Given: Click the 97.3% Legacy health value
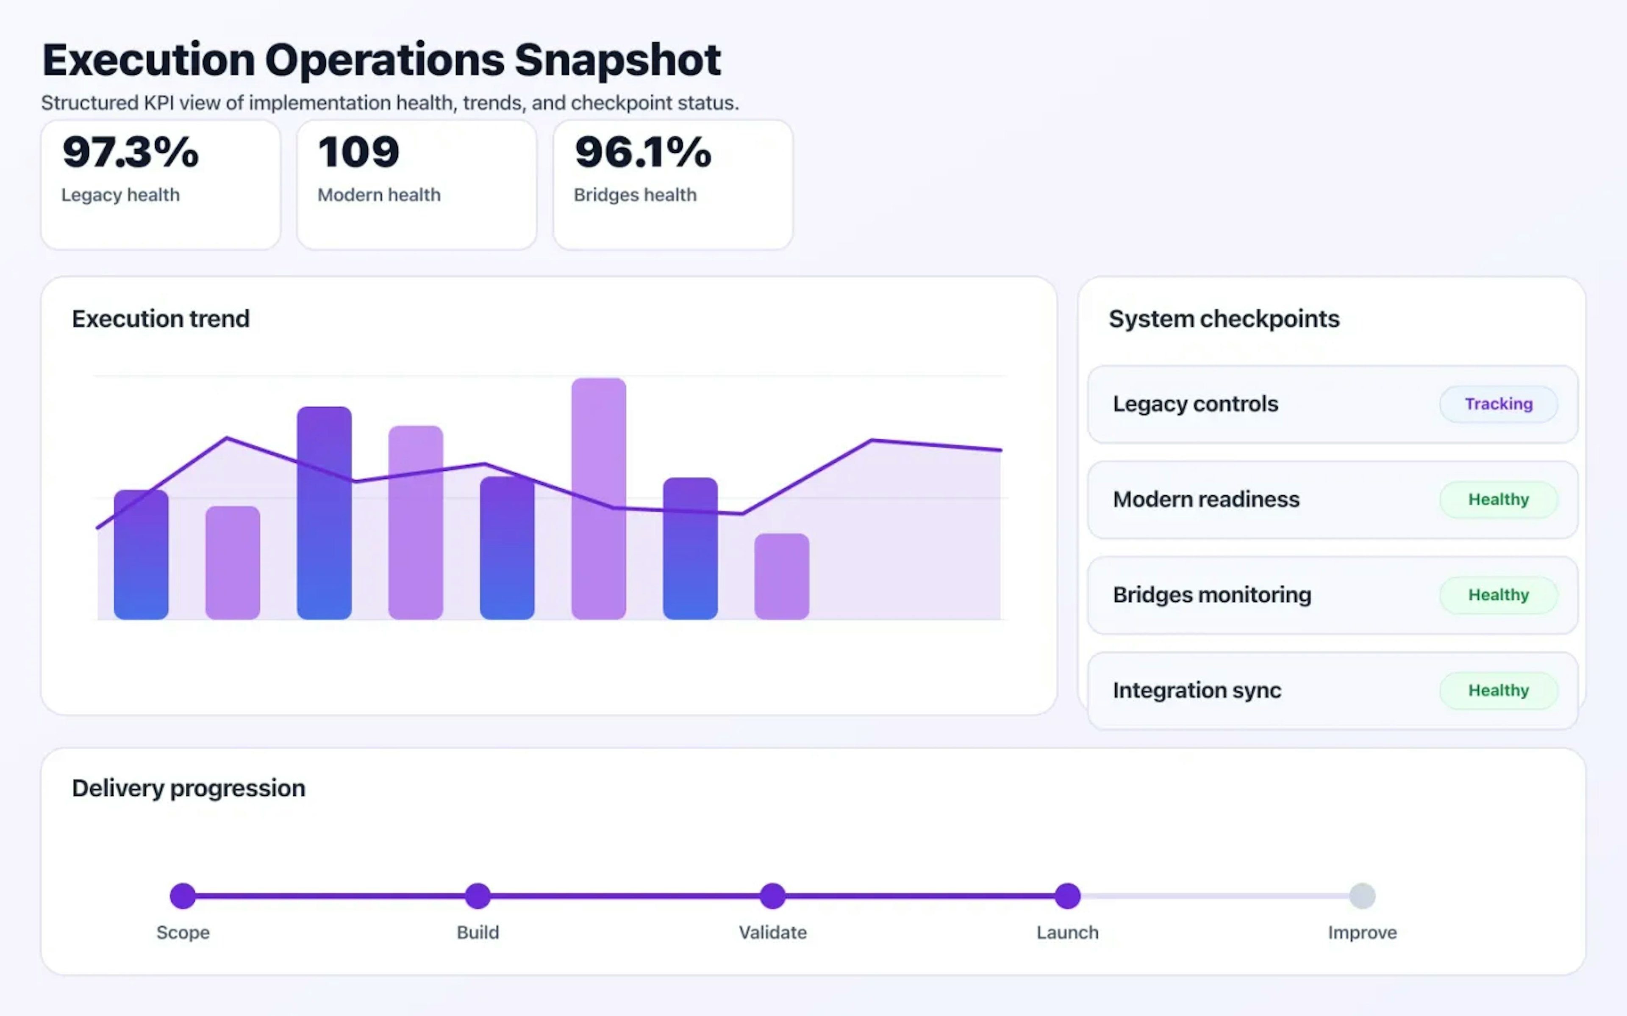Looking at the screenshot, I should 130,152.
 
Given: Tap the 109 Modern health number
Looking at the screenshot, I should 358,152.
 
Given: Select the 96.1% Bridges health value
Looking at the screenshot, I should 643,152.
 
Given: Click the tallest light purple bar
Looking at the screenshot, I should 598,499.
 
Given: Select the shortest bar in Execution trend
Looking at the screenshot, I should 781,577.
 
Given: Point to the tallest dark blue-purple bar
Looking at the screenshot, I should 324,513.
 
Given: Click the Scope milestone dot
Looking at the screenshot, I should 183,896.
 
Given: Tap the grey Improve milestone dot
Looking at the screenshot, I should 1362,896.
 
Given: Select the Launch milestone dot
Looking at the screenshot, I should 1067,896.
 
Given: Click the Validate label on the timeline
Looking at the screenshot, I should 772,933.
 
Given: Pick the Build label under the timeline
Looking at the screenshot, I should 478,933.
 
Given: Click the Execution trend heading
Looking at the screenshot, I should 161,318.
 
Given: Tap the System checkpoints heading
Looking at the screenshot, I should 1224,318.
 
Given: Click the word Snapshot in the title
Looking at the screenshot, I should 617,61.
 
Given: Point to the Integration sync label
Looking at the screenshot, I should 1197,690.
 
